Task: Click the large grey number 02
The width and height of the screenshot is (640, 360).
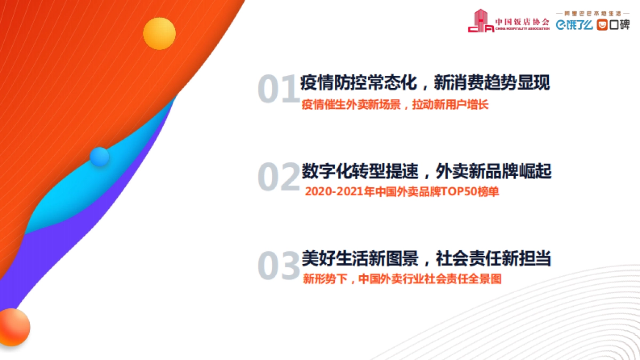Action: coord(278,178)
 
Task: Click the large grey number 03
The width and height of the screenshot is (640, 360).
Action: coord(278,266)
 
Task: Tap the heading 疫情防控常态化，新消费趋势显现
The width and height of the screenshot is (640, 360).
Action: coord(426,83)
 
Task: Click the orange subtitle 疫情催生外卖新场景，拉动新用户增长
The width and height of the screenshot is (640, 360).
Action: coord(395,105)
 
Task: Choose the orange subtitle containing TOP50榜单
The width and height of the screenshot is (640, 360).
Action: coord(402,192)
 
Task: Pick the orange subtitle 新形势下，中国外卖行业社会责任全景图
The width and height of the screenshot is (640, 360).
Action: coord(402,279)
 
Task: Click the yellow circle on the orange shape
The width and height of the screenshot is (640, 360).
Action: coord(159,34)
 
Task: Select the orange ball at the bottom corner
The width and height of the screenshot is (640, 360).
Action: coord(13,326)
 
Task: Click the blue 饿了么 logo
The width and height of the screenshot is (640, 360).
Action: coord(574,25)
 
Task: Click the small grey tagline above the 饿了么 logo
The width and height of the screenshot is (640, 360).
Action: coord(592,12)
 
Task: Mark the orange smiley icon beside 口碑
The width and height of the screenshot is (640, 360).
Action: coord(602,25)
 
